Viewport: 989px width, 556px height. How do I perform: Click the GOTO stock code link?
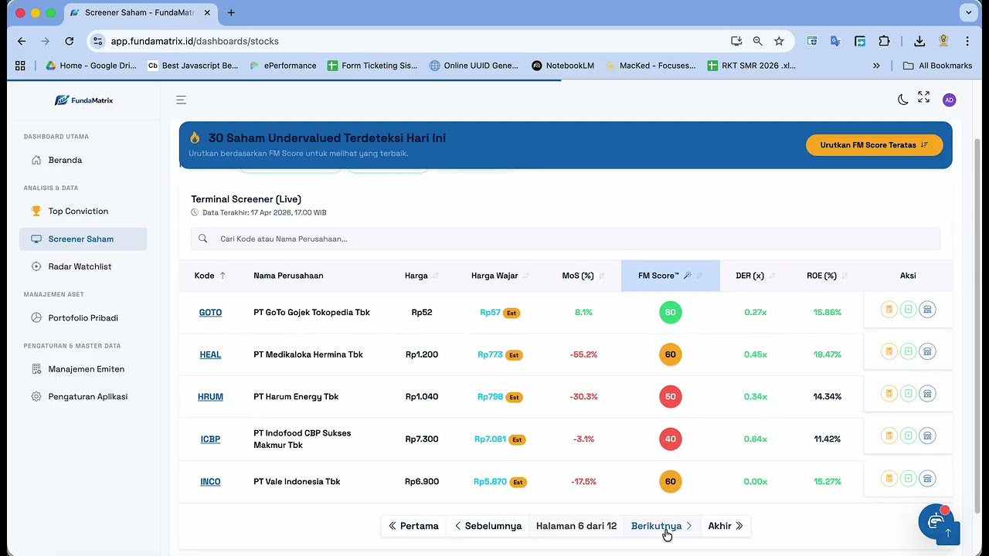tap(210, 313)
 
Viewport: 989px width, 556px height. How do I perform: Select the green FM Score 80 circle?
tap(670, 313)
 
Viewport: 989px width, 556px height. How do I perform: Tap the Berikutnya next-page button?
tap(661, 526)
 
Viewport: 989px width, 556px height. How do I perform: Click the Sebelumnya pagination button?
tap(488, 526)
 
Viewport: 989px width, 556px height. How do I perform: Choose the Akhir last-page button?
tap(726, 526)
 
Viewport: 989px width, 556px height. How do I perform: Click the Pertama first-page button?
tap(413, 526)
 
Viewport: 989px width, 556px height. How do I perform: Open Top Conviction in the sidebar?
tap(78, 211)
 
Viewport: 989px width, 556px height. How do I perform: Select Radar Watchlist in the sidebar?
tap(80, 266)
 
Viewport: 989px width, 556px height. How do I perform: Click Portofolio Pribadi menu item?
tap(83, 317)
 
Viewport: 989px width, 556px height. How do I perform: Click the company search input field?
tap(566, 239)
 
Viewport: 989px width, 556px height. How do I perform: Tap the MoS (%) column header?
tap(577, 276)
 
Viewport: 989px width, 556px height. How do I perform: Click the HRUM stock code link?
tap(210, 397)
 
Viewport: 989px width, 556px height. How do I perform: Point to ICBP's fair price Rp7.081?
tap(490, 439)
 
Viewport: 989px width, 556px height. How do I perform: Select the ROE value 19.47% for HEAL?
tap(827, 354)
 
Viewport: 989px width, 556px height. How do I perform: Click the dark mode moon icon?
tap(903, 100)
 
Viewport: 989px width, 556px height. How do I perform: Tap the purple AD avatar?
tap(950, 100)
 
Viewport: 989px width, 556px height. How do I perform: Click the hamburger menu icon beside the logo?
tap(181, 100)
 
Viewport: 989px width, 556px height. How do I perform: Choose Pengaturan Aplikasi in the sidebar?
tap(88, 396)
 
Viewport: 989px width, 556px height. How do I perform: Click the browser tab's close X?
tap(207, 13)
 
